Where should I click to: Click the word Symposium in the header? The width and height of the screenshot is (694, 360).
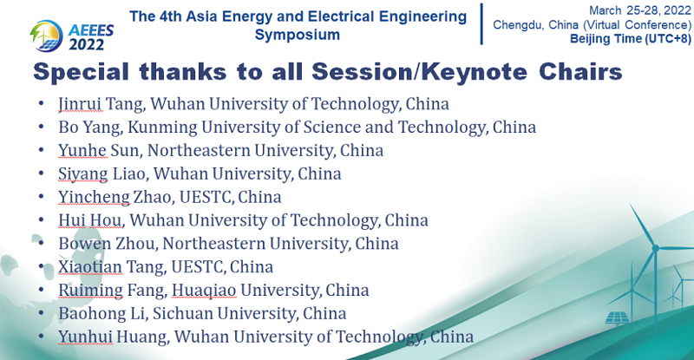point(298,35)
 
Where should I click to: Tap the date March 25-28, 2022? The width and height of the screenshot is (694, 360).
point(640,10)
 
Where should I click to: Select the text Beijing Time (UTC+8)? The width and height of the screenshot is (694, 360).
point(631,38)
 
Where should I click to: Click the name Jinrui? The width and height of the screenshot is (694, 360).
point(80,104)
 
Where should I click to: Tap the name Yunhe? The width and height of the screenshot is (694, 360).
point(82,151)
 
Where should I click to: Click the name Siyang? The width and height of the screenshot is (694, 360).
point(82,174)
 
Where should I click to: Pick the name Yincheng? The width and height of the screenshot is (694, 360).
point(94,197)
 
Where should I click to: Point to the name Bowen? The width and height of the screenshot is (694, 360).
point(84,244)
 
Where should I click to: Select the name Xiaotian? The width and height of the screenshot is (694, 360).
point(90,266)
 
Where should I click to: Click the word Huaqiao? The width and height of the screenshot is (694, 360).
point(204,290)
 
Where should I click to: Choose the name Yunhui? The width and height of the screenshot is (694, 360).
point(85,337)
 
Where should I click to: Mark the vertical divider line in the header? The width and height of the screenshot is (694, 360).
point(481,24)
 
